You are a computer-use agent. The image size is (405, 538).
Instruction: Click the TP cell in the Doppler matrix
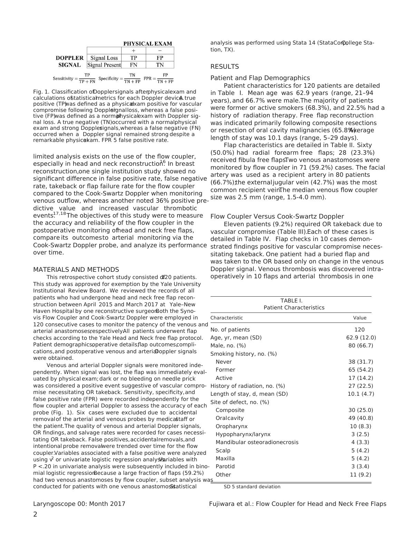tap(133, 58)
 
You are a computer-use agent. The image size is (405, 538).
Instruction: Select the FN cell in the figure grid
tap(133, 65)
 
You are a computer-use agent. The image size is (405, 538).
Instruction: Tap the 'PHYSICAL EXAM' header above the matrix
tap(147, 44)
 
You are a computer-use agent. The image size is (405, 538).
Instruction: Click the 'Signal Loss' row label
tap(104, 58)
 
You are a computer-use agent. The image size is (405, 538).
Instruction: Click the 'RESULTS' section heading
tap(224, 67)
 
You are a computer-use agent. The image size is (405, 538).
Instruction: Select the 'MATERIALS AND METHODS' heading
tap(76, 270)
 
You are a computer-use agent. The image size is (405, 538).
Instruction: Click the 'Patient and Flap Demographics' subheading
tap(260, 78)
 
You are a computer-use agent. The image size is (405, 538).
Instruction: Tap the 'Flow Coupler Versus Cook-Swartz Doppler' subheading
tap(277, 217)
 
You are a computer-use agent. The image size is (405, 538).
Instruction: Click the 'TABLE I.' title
tap(291, 301)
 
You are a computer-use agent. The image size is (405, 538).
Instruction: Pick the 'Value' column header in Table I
tap(359, 318)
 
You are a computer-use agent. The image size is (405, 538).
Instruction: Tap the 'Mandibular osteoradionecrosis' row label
tap(257, 442)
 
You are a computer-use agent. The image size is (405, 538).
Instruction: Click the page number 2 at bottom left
tap(35, 514)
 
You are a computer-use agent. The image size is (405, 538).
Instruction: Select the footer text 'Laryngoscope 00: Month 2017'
tap(79, 504)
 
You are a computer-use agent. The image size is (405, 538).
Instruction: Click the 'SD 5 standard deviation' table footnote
tap(252, 487)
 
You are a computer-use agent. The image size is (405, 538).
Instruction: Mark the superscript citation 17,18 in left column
tap(59, 214)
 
